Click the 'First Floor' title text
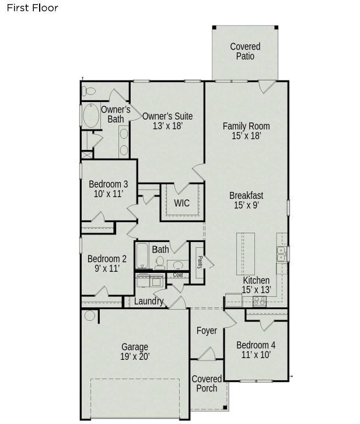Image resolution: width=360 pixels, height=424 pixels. (32, 8)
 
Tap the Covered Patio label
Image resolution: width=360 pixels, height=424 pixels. (245, 51)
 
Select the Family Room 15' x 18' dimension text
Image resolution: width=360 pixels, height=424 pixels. (246, 135)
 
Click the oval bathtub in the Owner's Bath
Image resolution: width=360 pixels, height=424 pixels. (91, 115)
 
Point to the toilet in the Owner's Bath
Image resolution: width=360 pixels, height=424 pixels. (89, 91)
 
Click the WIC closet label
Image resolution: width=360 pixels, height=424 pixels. (181, 203)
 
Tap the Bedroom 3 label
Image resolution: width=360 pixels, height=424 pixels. (108, 184)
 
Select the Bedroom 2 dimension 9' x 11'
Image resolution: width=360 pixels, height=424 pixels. (107, 268)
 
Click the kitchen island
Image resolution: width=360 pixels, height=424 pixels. (246, 254)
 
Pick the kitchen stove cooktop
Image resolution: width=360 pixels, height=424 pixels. (260, 302)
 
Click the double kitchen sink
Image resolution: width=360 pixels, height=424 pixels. (281, 254)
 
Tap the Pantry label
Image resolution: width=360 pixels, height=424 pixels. (200, 262)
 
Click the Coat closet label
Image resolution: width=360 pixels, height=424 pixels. (178, 275)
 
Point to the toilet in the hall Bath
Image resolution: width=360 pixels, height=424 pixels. (160, 263)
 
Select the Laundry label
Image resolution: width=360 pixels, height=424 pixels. (149, 301)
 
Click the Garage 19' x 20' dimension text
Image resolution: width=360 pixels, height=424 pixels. (135, 356)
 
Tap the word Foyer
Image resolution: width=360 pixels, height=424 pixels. (207, 331)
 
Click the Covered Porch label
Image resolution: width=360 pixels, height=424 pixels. (207, 383)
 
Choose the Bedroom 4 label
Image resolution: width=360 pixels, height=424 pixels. (256, 345)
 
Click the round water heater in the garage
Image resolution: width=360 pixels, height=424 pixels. (89, 316)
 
